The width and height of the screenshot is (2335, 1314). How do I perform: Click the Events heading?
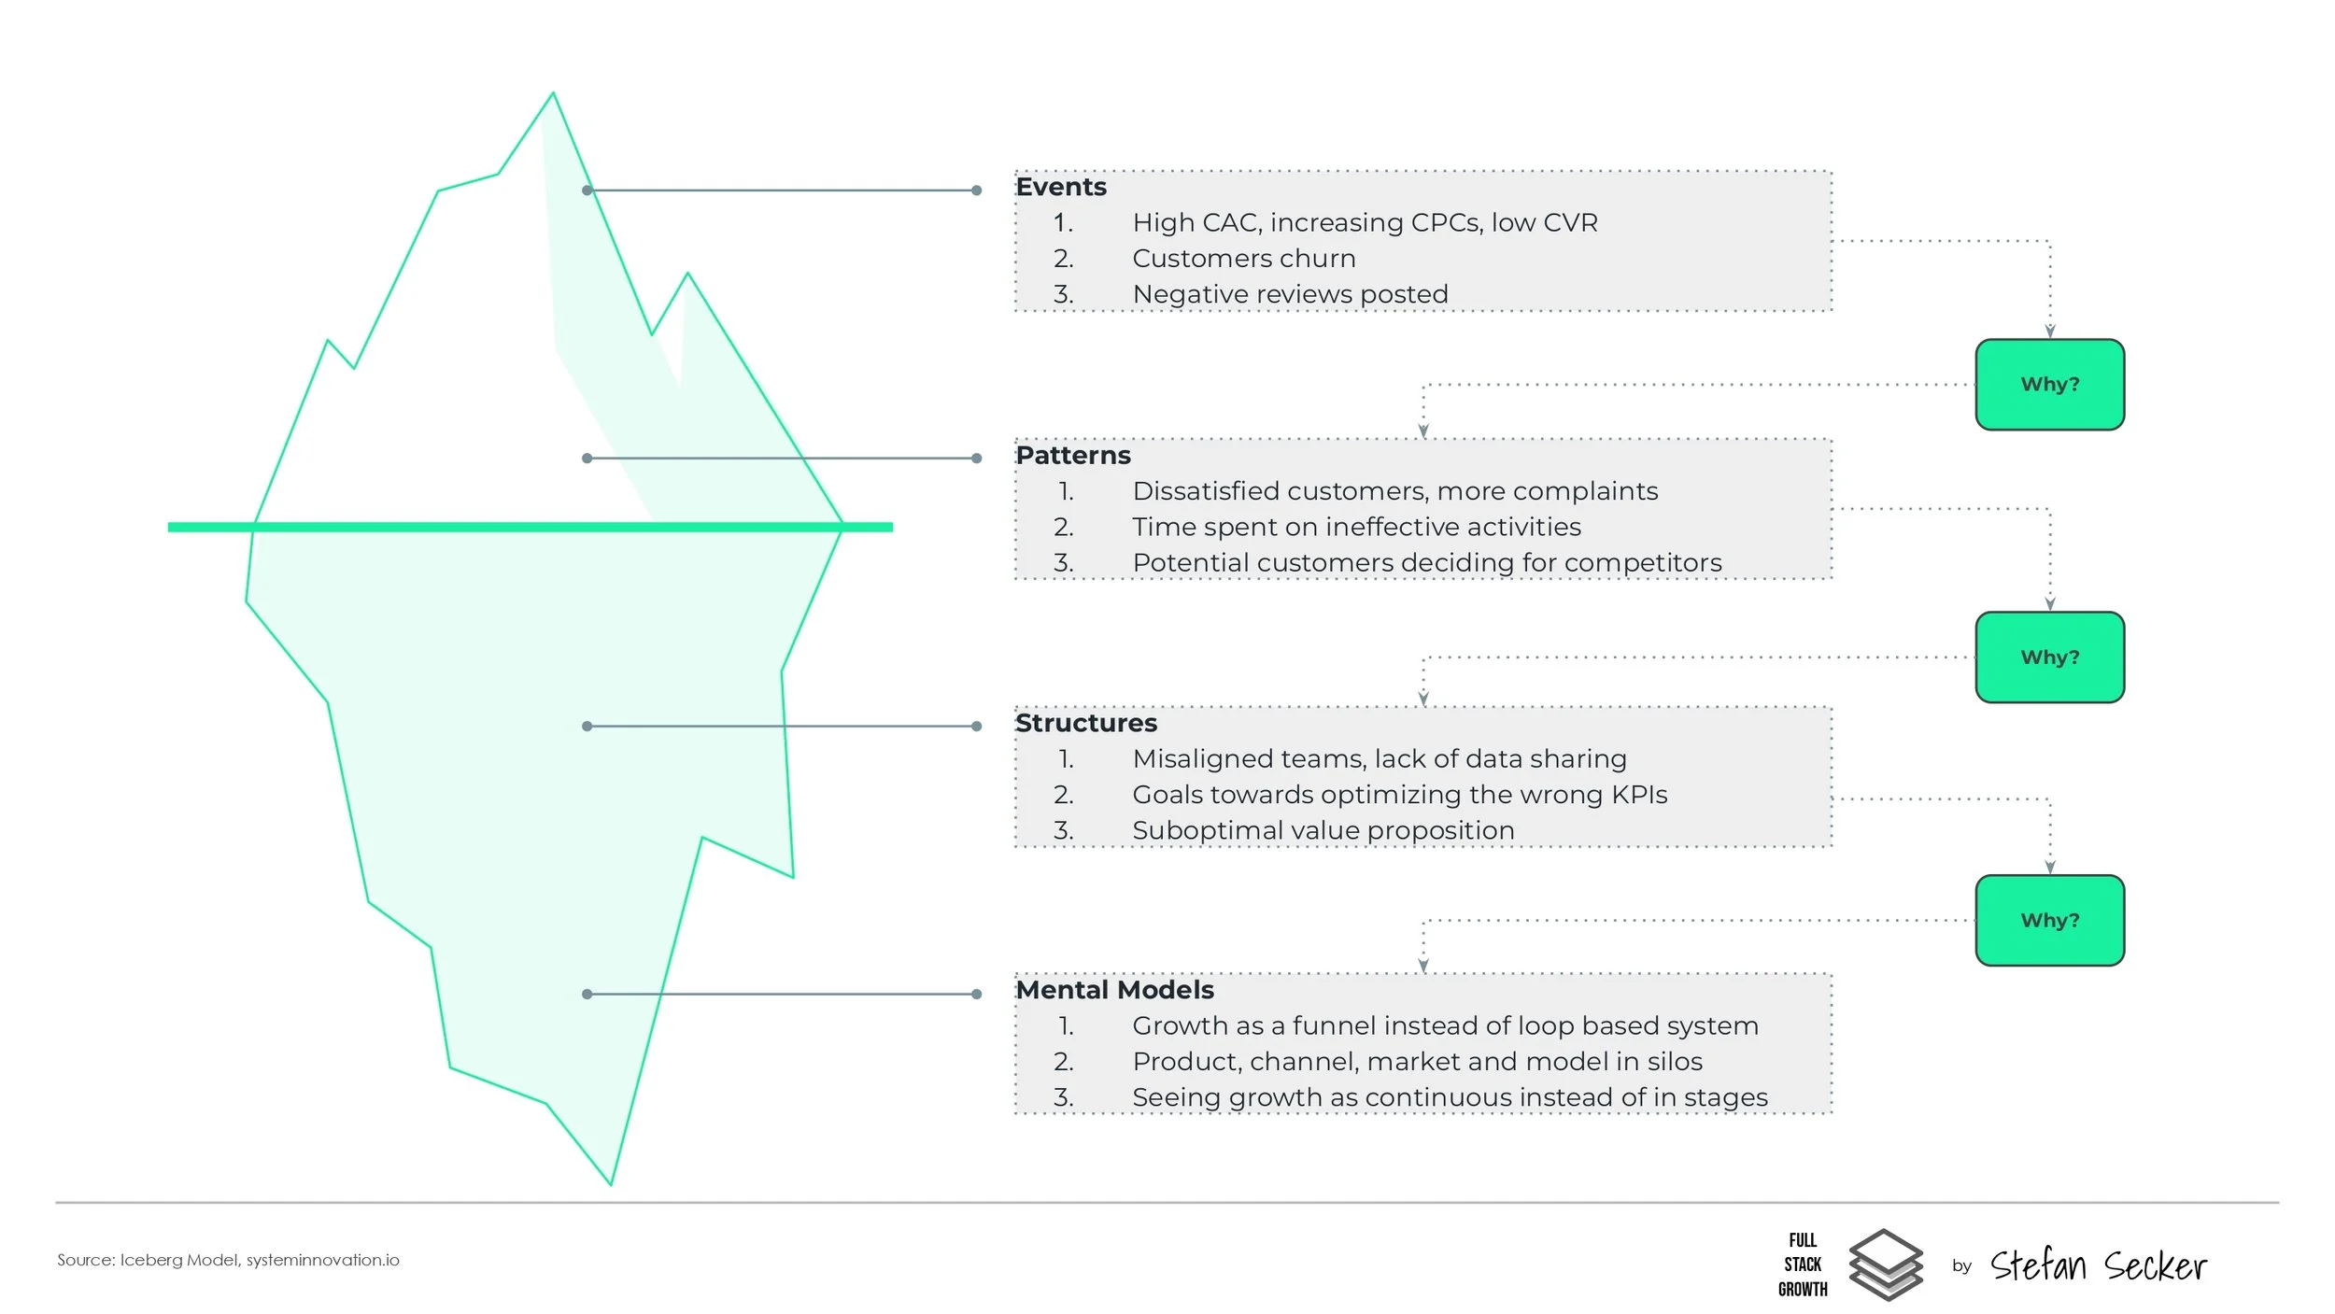pos(1060,188)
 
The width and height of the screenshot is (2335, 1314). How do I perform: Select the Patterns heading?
pos(1072,456)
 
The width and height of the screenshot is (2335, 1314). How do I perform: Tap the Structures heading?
pos(1085,724)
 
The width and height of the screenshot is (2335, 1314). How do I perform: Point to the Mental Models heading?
pos(1114,990)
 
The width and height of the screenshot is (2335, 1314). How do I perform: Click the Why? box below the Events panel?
pos(2049,385)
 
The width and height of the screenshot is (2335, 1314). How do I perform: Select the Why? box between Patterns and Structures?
pos(2049,657)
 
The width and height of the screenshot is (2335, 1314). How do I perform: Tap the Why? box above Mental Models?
pos(2049,921)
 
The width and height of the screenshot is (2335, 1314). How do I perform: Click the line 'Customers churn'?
pos(1243,259)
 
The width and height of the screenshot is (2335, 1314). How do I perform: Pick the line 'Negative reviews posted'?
pos(1290,294)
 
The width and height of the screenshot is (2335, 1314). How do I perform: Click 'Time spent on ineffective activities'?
pos(1356,528)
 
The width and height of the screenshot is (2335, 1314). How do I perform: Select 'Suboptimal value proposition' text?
pos(1323,831)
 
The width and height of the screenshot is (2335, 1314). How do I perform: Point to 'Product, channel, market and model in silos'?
pos(1417,1062)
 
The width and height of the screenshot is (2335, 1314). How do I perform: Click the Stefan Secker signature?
pos(2098,1266)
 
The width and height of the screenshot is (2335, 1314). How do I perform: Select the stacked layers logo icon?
pos(1885,1265)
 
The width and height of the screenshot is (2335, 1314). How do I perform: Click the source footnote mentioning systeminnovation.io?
pos(228,1261)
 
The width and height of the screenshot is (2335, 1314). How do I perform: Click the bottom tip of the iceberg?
pos(611,1183)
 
